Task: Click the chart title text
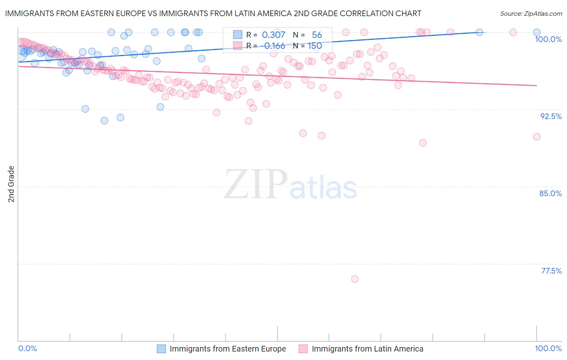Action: [x=213, y=13]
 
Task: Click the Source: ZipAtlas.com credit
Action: [x=531, y=13]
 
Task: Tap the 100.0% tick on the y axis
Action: [x=548, y=39]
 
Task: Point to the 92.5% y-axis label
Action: [x=551, y=116]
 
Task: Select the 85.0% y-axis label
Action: [x=550, y=193]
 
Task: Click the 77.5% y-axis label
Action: [x=551, y=271]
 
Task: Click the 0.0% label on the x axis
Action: [x=28, y=348]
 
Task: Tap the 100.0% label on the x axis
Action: [x=548, y=348]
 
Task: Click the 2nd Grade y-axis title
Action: [x=11, y=184]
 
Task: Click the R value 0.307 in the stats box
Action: [x=273, y=35]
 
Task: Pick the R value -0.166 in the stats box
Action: [x=274, y=46]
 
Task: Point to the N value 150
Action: [x=315, y=46]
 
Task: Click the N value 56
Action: [x=317, y=35]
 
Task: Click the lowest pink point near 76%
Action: [x=355, y=279]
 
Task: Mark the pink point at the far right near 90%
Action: [x=537, y=137]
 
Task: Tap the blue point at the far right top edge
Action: [x=537, y=32]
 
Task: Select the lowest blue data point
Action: [x=104, y=120]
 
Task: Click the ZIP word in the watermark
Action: [x=256, y=184]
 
